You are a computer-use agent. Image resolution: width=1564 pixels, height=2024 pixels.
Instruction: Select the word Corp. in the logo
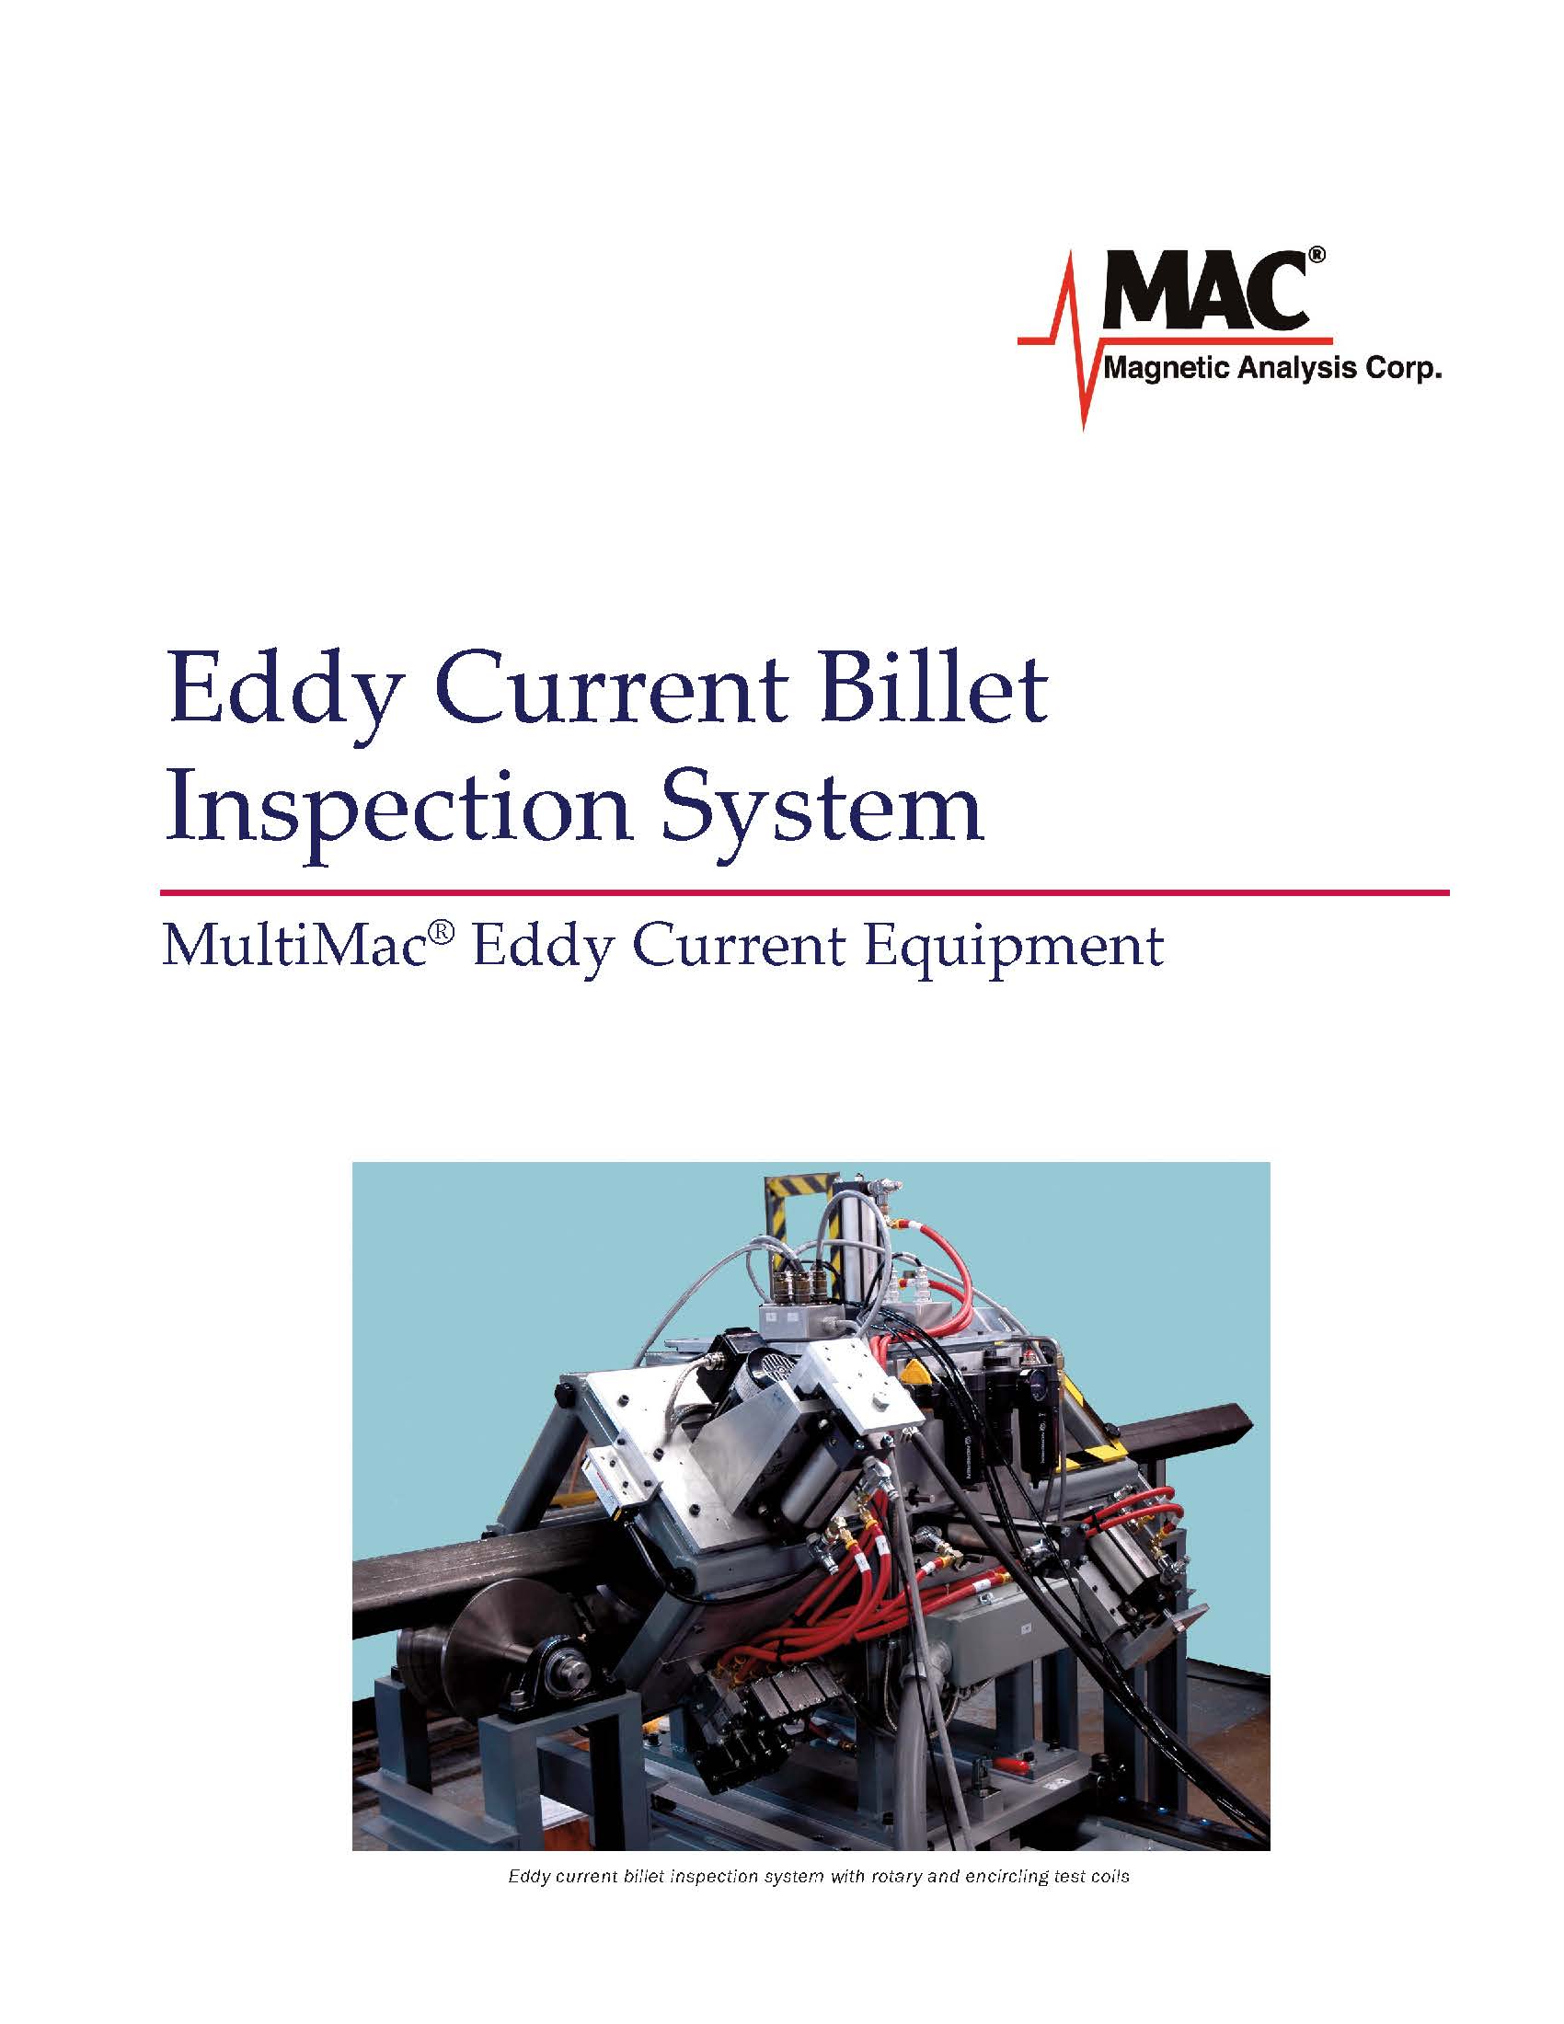1405,371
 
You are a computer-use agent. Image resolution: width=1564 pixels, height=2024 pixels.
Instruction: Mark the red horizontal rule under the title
804,892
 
